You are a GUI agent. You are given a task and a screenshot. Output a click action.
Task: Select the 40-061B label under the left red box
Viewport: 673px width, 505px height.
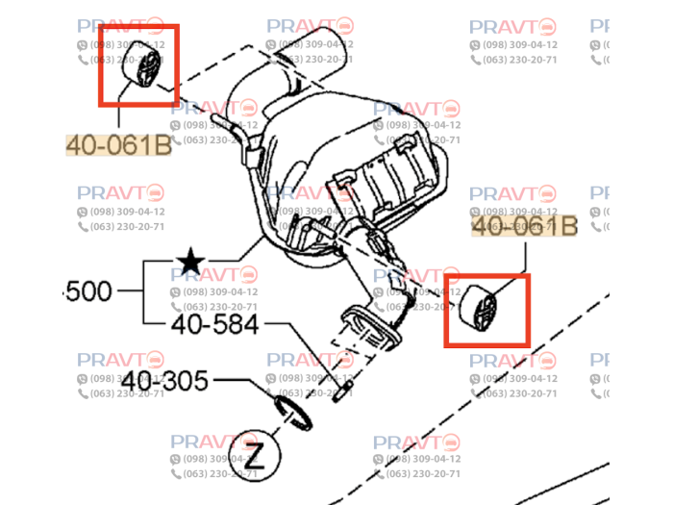118,145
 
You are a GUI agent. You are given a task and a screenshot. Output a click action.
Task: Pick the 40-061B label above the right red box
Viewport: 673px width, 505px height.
525,227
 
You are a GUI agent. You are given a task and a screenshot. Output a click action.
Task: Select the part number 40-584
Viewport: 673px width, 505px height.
214,324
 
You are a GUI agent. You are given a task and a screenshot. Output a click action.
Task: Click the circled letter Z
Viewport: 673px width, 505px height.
254,452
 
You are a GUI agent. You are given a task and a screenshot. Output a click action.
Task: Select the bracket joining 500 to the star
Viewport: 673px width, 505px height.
144,291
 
